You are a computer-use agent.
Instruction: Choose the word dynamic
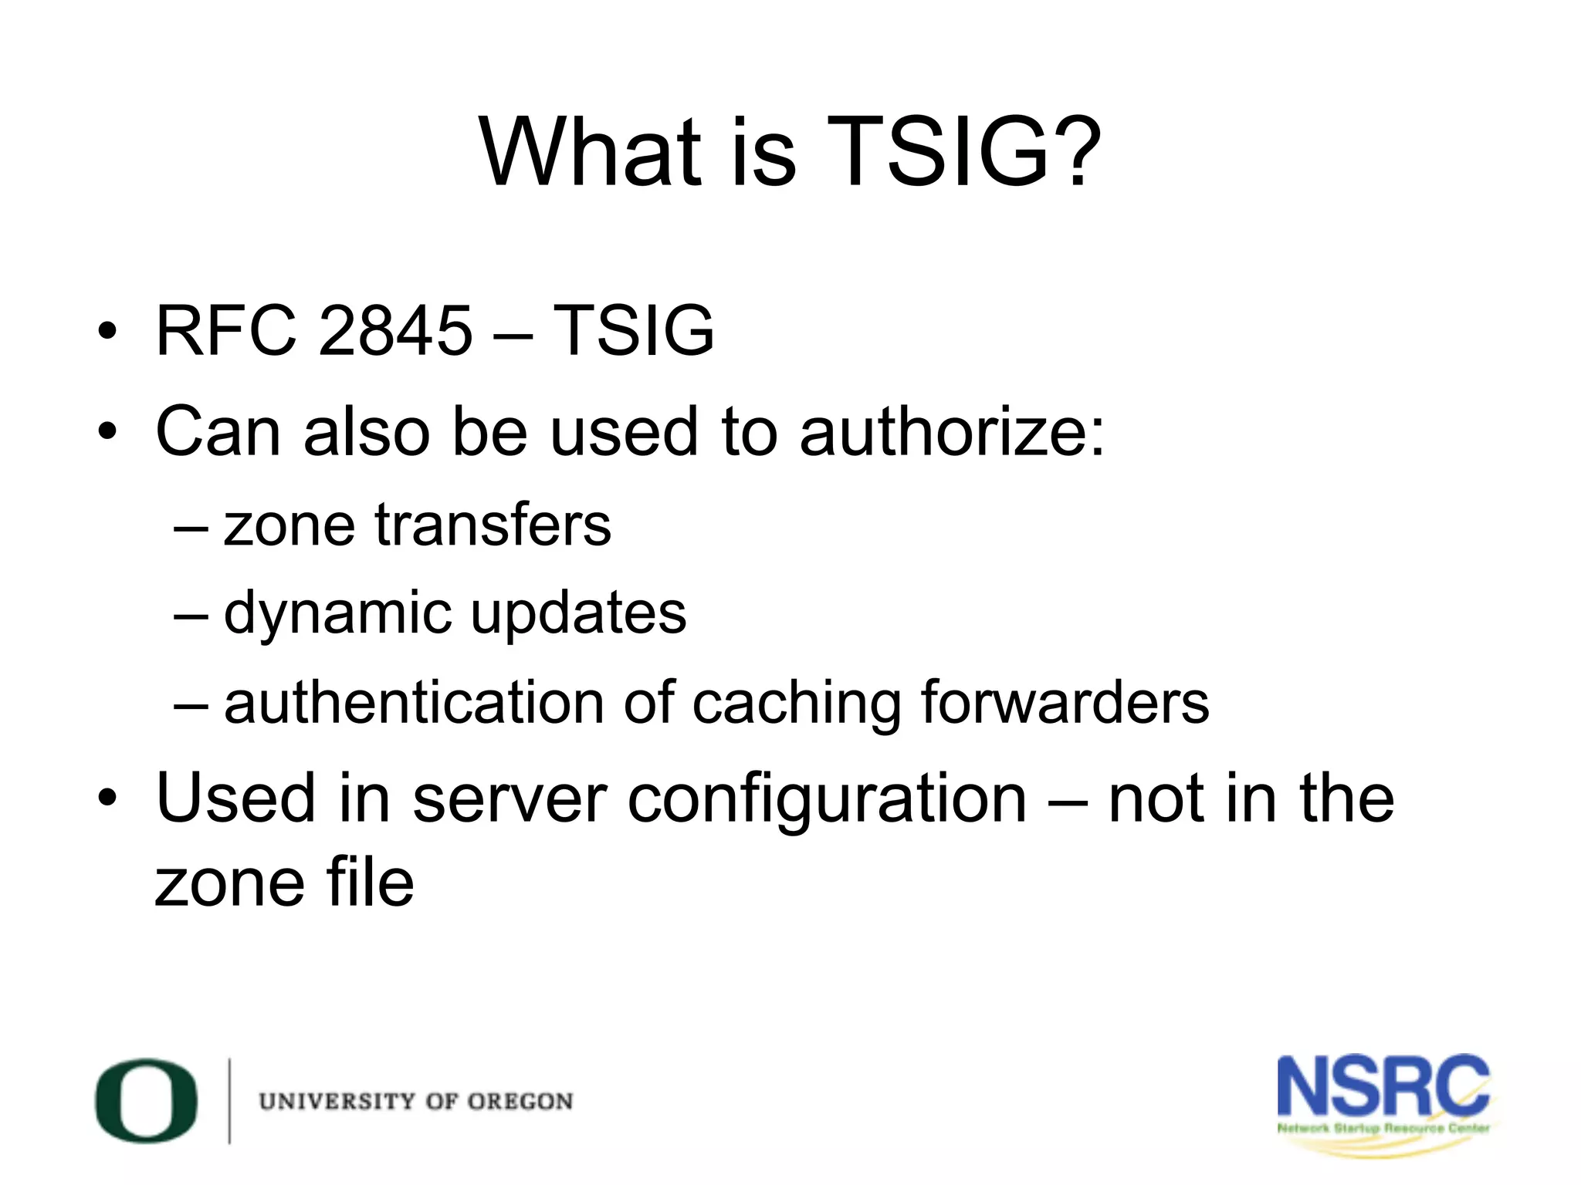point(337,614)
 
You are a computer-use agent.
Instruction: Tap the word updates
point(578,614)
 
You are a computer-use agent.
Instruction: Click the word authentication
point(414,703)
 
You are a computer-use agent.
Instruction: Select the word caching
point(796,704)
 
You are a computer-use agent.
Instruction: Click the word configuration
point(827,800)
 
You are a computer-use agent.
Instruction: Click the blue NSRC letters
point(1383,1085)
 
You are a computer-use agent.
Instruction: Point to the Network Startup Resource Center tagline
point(1383,1128)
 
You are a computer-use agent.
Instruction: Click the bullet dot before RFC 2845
point(107,332)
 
